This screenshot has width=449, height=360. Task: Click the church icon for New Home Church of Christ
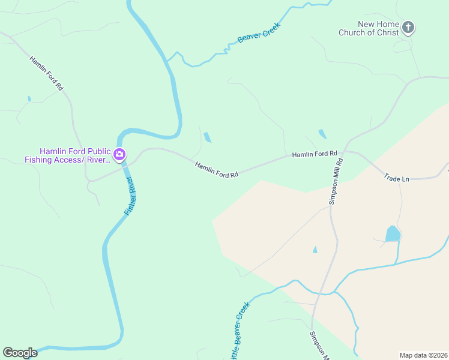click(x=408, y=27)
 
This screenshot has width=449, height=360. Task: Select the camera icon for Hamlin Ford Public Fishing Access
click(x=119, y=155)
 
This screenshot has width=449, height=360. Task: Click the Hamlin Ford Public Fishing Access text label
click(x=67, y=155)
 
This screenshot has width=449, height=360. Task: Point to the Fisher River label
click(x=130, y=197)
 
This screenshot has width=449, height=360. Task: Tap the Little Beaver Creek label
click(x=238, y=329)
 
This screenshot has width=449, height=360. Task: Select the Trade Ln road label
click(x=396, y=178)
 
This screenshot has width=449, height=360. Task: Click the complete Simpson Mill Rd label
click(x=336, y=181)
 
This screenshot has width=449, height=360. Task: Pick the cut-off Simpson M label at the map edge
click(x=320, y=346)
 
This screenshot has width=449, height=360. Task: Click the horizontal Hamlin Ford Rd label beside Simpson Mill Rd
click(x=315, y=154)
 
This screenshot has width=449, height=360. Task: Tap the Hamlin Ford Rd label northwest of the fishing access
click(x=46, y=73)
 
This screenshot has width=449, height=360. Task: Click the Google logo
click(x=20, y=353)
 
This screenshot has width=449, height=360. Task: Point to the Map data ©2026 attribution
click(x=423, y=355)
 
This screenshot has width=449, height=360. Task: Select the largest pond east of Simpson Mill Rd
click(x=392, y=233)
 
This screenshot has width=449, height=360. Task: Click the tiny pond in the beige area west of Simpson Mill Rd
click(x=315, y=249)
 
